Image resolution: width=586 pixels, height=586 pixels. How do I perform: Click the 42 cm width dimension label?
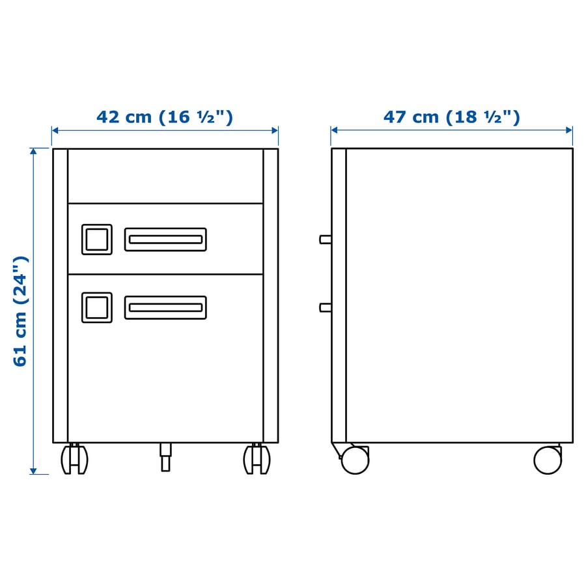(x=165, y=117)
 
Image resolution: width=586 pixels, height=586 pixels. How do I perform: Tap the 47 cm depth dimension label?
(x=451, y=117)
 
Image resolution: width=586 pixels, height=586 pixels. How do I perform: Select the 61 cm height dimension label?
(x=21, y=311)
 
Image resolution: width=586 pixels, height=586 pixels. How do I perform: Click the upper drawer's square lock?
(x=97, y=240)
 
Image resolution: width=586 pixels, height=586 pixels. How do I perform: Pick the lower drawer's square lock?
(x=97, y=307)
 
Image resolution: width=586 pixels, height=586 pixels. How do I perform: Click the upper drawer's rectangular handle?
(x=165, y=240)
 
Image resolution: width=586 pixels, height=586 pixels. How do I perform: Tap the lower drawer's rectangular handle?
(x=165, y=307)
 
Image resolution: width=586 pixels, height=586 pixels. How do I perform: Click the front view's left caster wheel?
(x=74, y=459)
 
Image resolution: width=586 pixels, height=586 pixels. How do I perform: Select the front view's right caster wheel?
(x=257, y=459)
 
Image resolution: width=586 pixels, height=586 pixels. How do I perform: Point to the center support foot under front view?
(x=165, y=457)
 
